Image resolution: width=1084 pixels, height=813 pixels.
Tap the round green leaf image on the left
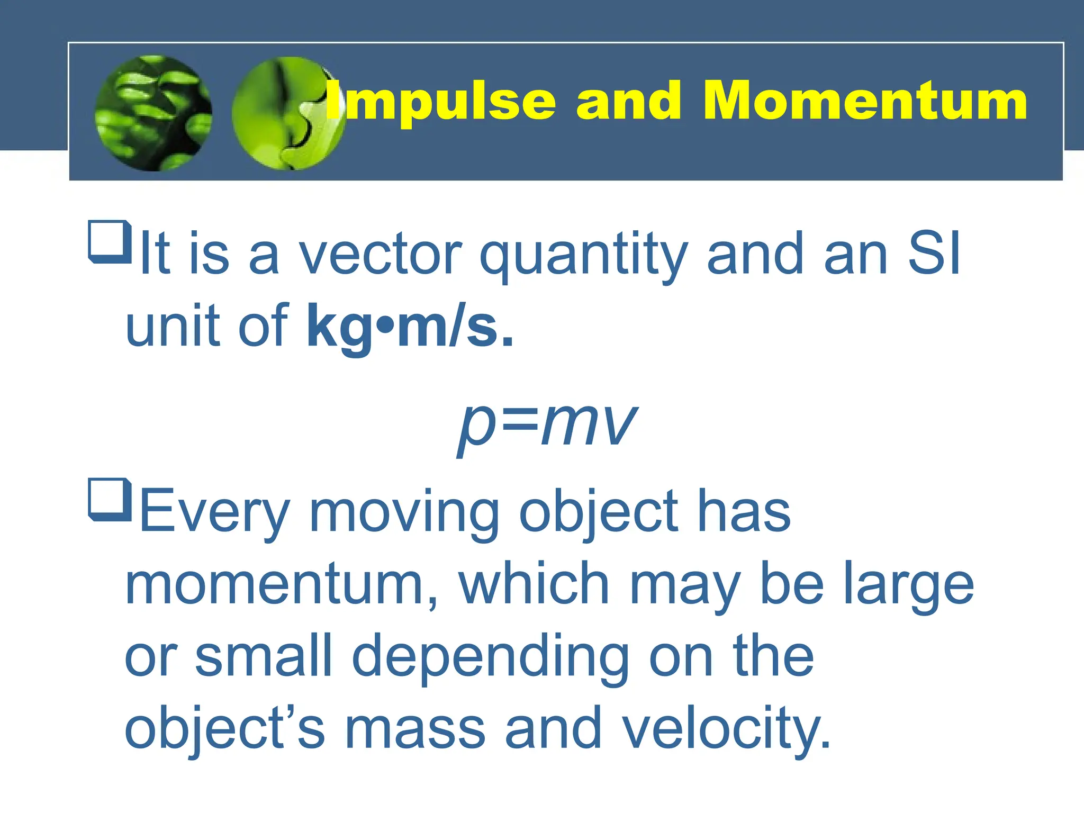pos(153,113)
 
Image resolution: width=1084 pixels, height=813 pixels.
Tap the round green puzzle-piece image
pos(288,113)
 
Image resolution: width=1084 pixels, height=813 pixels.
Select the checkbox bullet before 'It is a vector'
pos(110,242)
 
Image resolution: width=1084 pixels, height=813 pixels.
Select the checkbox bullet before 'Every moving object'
pos(110,500)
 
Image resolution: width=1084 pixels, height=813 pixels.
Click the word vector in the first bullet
pos(380,255)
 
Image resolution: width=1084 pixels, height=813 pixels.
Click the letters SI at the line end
pos(934,254)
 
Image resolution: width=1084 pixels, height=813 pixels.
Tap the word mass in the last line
pos(415,729)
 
